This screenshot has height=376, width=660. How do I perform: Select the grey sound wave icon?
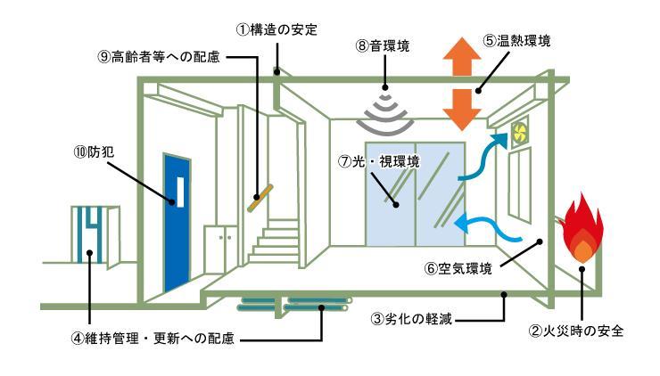point(385,108)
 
